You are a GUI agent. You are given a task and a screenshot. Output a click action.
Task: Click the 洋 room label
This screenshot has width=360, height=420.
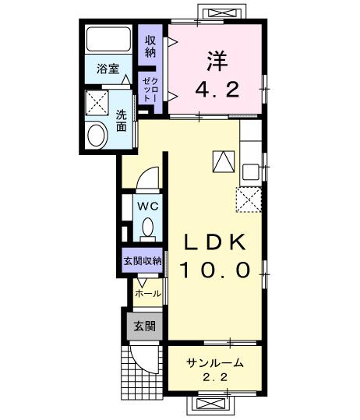214,60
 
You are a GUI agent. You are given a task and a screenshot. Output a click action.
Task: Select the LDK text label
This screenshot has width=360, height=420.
216,242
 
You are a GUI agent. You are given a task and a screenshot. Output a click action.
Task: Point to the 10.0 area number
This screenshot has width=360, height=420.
216,270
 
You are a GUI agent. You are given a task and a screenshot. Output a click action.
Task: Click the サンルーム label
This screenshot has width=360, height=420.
215,363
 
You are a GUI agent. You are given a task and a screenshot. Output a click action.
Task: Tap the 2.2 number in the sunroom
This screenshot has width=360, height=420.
215,378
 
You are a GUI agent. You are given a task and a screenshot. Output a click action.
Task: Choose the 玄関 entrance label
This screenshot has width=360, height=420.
143,326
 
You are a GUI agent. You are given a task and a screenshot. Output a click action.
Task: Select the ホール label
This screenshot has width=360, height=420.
148,294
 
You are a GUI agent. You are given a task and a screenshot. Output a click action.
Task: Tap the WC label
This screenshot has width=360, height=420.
147,206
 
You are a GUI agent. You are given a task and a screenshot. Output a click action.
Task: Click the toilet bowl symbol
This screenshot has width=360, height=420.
147,228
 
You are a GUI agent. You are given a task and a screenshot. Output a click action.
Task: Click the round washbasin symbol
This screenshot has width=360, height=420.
98,136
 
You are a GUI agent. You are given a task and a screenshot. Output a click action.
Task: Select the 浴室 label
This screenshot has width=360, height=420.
108,69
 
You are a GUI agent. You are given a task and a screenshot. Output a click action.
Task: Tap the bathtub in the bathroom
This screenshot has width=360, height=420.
108,40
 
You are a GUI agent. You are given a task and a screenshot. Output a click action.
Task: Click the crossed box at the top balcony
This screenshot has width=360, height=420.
213,12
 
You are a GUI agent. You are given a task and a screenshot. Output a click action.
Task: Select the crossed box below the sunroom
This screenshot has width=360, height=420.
213,404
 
